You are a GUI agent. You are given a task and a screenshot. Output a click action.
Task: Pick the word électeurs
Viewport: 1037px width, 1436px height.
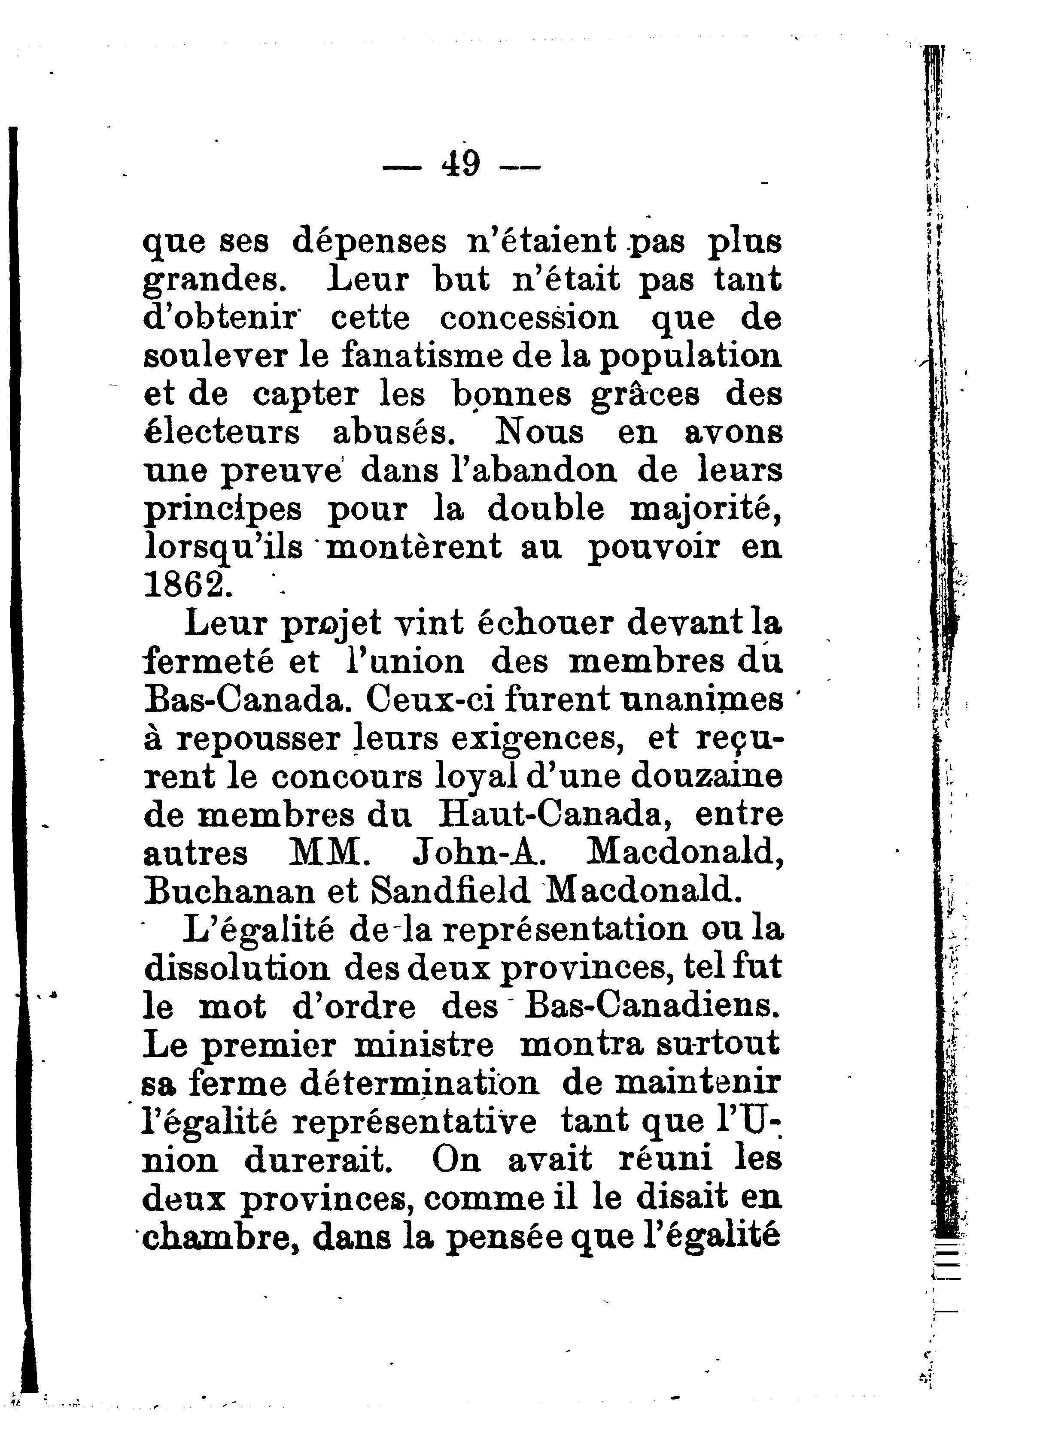pos(222,433)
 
